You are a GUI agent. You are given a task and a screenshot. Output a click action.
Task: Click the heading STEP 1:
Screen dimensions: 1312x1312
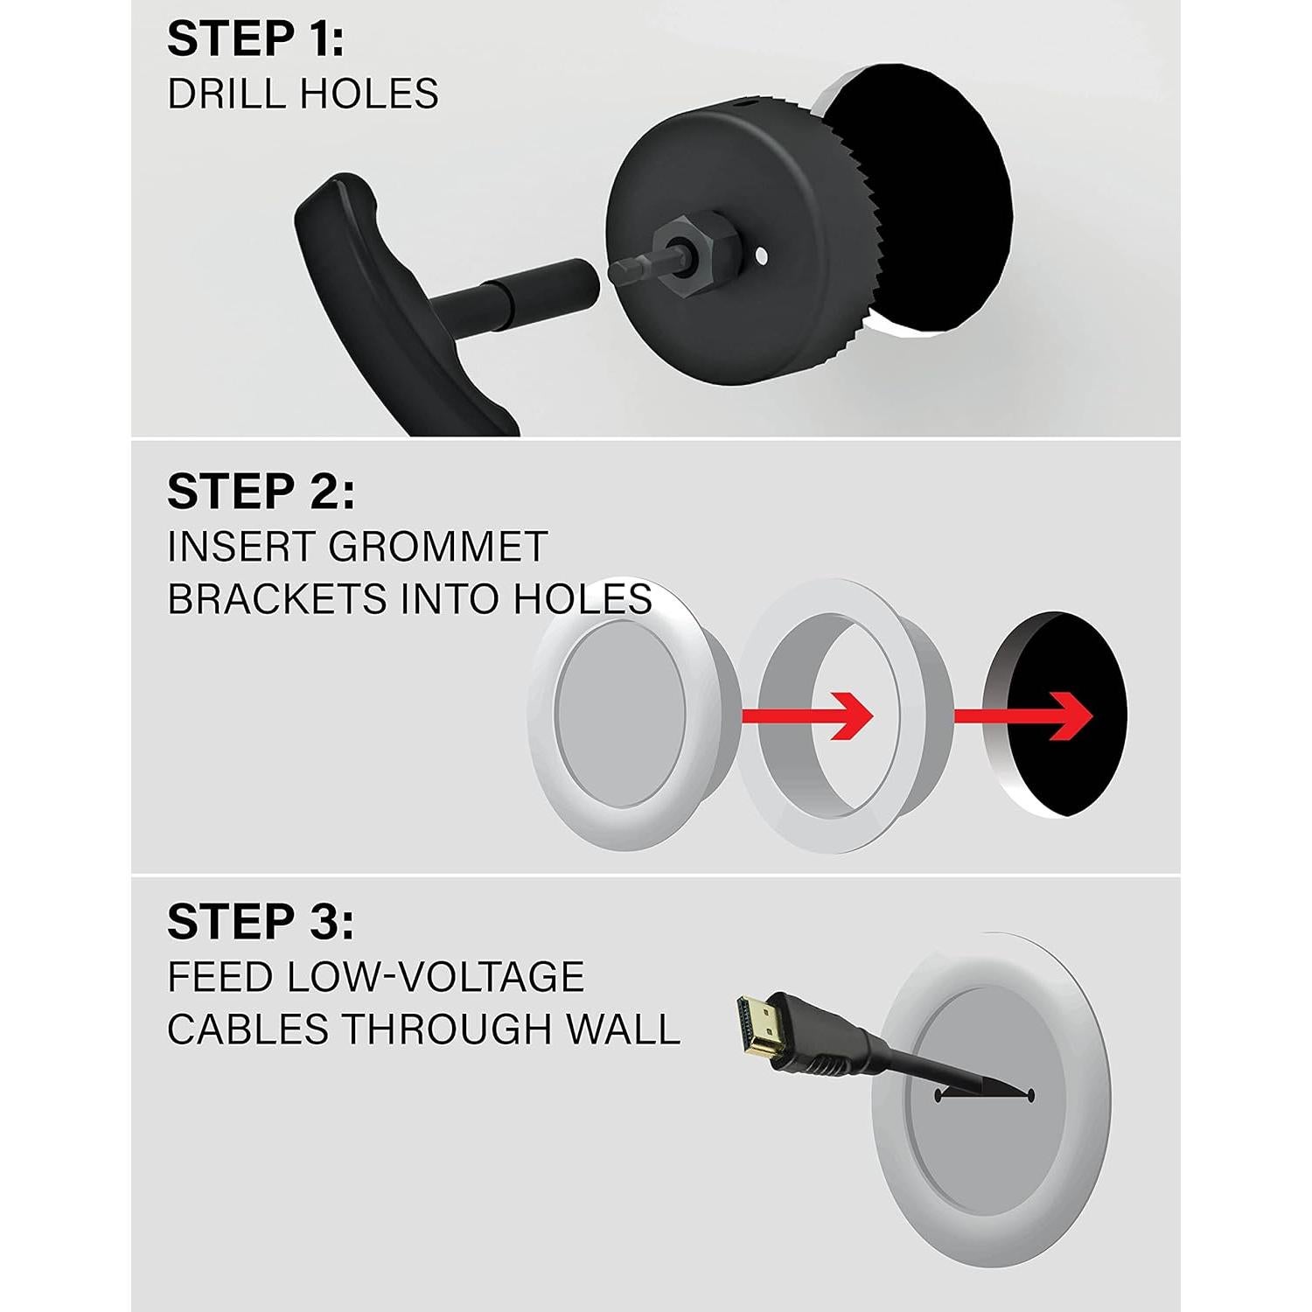point(255,40)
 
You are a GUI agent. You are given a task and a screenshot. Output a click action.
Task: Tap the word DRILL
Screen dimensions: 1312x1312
point(220,94)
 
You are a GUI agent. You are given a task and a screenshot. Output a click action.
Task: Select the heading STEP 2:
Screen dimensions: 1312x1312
point(261,492)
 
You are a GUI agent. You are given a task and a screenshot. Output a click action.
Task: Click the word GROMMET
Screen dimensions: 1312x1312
point(437,548)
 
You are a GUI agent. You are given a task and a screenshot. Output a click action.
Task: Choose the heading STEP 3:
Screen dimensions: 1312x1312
point(261,922)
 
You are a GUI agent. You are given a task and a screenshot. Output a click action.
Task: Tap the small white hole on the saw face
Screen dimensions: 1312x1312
point(762,256)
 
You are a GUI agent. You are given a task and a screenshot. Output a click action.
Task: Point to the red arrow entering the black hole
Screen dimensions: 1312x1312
point(1023,715)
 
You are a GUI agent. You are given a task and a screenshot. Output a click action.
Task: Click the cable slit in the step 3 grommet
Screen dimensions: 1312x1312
point(984,1095)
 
